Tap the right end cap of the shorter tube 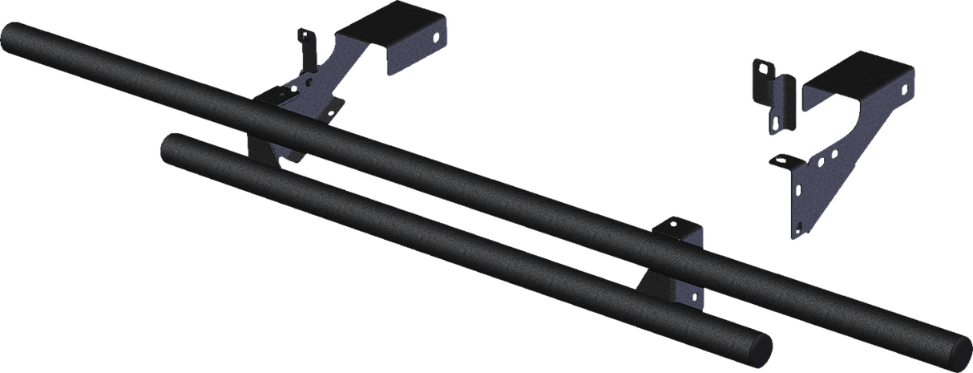tap(762, 347)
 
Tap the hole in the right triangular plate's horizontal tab tap(777, 160)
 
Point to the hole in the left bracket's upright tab tap(302, 37)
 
